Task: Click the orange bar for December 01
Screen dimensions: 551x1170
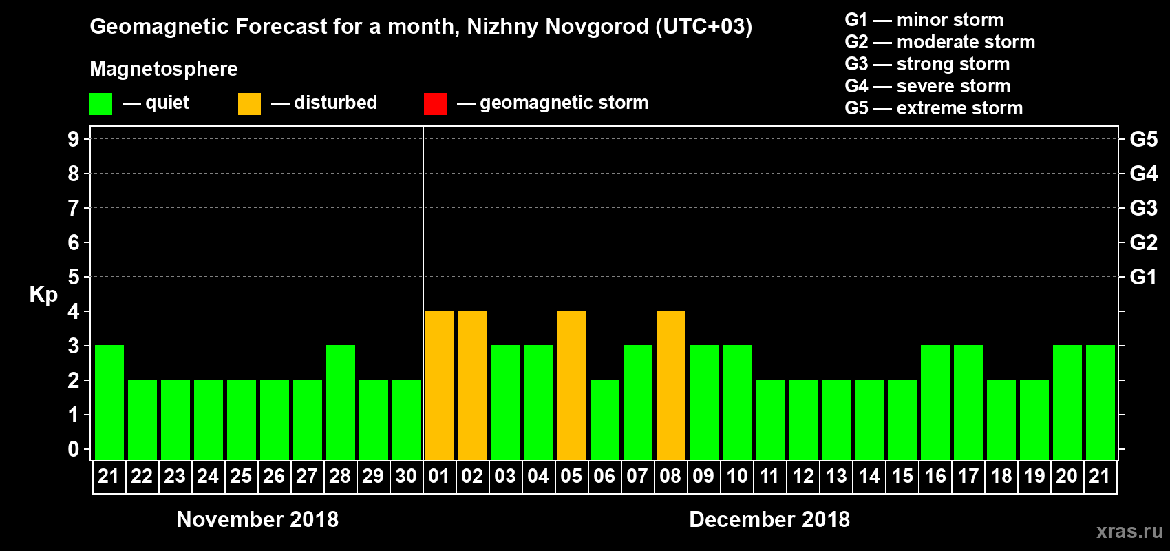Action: (x=440, y=386)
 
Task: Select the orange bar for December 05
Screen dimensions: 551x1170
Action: (x=572, y=386)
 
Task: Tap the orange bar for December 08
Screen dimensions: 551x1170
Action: (x=671, y=386)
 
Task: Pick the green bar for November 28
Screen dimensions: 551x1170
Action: (x=341, y=403)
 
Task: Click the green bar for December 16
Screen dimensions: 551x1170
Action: (x=935, y=403)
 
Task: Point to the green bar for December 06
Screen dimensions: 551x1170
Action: (x=605, y=420)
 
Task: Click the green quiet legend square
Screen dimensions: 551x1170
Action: (x=101, y=104)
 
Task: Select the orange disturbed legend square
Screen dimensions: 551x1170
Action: (x=250, y=104)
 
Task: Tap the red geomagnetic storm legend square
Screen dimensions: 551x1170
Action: (x=436, y=104)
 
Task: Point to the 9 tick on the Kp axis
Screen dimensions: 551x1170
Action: (x=74, y=139)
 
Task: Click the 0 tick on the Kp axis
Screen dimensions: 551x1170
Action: (x=74, y=449)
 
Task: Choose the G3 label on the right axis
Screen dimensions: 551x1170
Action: (x=1144, y=208)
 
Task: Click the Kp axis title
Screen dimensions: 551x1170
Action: (x=43, y=295)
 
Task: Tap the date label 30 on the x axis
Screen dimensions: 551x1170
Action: (x=406, y=476)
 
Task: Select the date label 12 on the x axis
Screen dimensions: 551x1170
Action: (x=803, y=476)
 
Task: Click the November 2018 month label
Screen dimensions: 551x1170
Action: (x=257, y=519)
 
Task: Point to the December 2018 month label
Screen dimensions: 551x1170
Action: (x=769, y=519)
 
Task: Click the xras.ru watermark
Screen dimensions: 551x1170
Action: (x=1129, y=531)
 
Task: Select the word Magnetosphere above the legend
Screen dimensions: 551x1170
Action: (x=164, y=69)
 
